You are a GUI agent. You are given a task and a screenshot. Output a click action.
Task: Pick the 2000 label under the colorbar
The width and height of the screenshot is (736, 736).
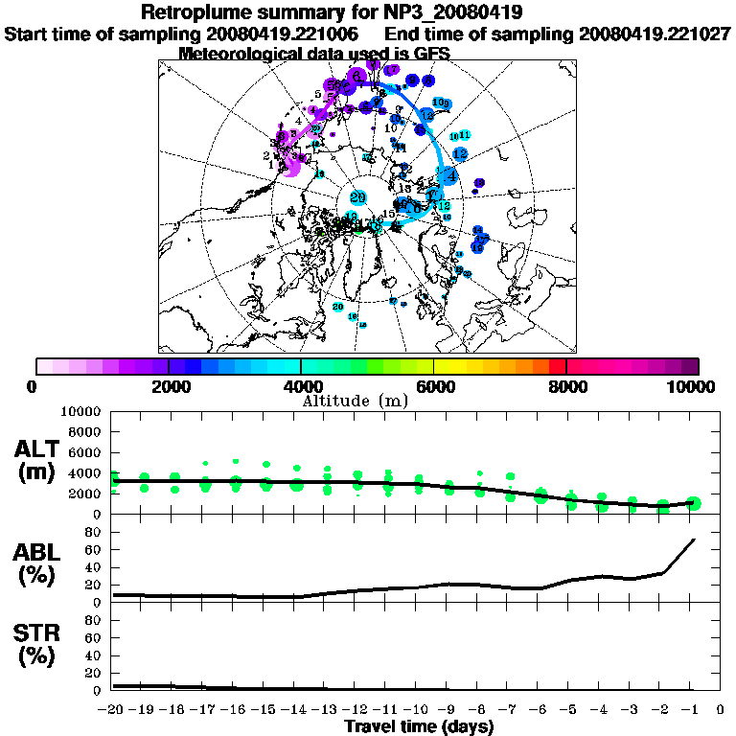(169, 386)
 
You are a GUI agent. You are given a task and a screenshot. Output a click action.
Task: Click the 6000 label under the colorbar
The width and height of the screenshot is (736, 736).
(434, 386)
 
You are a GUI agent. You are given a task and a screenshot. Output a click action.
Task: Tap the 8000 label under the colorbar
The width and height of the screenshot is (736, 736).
(566, 386)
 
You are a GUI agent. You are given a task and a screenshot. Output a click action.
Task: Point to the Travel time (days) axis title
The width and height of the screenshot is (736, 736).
(419, 726)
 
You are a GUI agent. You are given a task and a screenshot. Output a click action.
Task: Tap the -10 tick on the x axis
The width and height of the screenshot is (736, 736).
(417, 710)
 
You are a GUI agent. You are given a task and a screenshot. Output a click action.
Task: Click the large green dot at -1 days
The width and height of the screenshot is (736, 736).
(694, 503)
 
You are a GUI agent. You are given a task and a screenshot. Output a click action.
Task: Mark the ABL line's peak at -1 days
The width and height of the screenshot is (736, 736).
(694, 540)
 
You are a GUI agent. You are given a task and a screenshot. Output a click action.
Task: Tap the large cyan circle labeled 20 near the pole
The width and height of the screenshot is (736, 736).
(358, 197)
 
